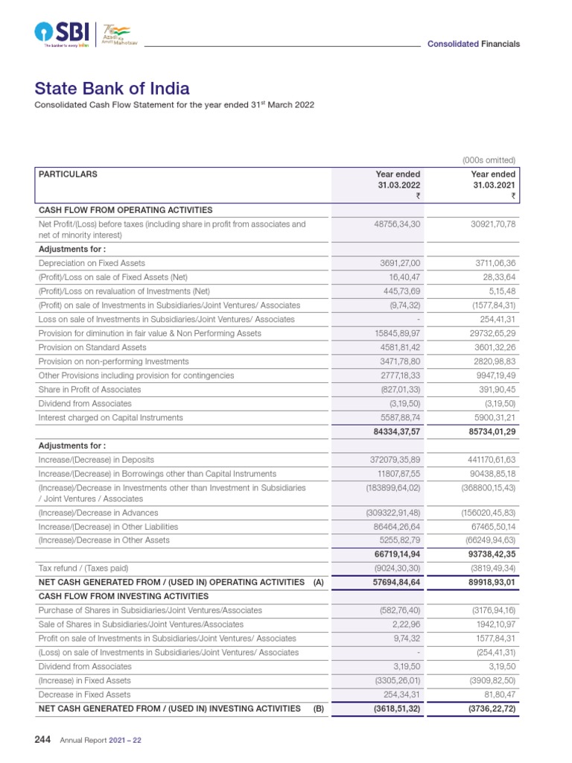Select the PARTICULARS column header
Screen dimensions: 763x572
point(68,174)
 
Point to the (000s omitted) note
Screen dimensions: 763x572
point(489,160)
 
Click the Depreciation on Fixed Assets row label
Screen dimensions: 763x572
point(92,263)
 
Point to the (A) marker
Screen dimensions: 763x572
point(318,582)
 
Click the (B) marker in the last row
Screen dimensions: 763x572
point(318,709)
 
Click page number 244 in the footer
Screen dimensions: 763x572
point(42,740)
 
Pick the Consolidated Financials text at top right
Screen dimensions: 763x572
point(473,44)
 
